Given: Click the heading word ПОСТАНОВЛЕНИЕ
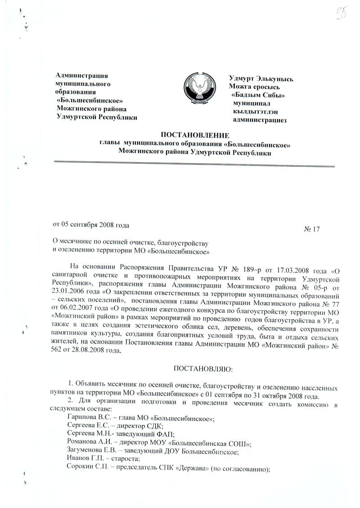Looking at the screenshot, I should pyautogui.click(x=195, y=135).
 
